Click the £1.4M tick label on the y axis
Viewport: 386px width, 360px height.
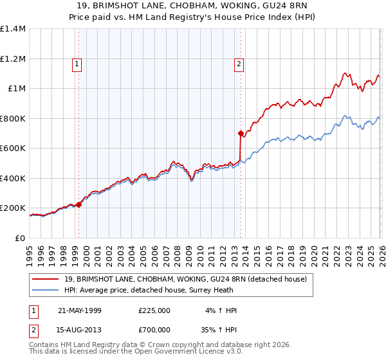(13, 29)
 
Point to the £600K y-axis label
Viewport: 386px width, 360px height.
(13, 148)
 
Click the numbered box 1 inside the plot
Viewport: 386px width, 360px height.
(77, 64)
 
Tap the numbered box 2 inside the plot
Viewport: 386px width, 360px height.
(239, 64)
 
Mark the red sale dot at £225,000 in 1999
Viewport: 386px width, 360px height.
(79, 204)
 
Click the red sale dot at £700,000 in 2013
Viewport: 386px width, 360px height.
(241, 134)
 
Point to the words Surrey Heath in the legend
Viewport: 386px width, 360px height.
(205, 290)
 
